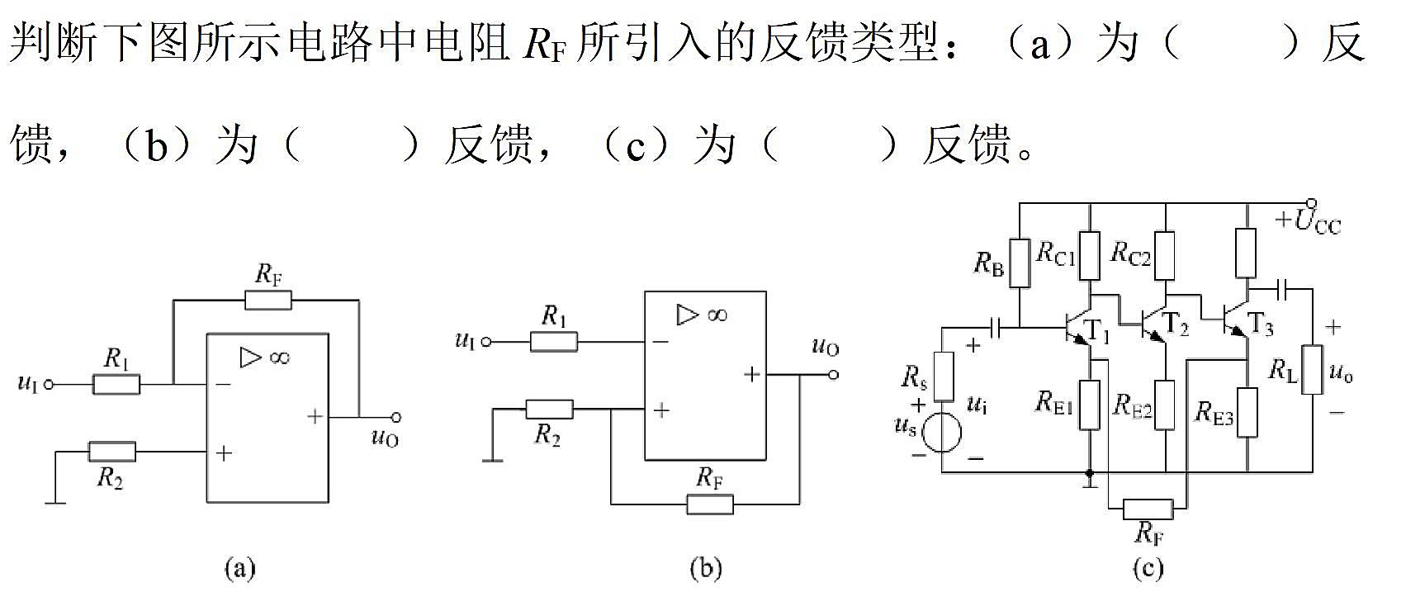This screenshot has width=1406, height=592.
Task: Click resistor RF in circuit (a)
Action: pos(268,301)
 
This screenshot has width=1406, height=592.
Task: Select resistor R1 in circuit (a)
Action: pos(116,384)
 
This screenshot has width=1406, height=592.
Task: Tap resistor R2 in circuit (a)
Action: pos(111,452)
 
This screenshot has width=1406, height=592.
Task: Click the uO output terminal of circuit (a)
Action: pos(395,417)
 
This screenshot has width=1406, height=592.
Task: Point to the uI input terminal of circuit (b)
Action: pos(485,342)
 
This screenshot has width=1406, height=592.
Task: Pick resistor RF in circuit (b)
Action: pos(710,504)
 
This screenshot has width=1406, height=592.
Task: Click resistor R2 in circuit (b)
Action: pos(549,410)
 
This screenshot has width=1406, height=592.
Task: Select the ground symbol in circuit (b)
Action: pos(493,460)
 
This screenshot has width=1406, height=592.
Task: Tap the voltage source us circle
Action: pos(943,432)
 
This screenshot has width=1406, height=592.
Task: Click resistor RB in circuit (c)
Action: pos(1020,263)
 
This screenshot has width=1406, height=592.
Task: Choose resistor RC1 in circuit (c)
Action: pos(1090,255)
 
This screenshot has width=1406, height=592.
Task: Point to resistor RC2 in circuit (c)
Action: pos(1165,255)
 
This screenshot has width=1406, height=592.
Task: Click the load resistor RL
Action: pos(1312,370)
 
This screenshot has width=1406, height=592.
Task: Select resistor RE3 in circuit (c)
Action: pos(1247,412)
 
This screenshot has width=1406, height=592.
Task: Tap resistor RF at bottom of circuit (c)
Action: pos(1148,509)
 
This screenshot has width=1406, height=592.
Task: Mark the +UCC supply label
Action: pos(1308,222)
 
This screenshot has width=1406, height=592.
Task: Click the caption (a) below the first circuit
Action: pos(239,569)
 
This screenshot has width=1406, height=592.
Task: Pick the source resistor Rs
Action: pos(944,376)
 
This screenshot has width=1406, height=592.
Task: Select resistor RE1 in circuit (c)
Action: pos(1090,405)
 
